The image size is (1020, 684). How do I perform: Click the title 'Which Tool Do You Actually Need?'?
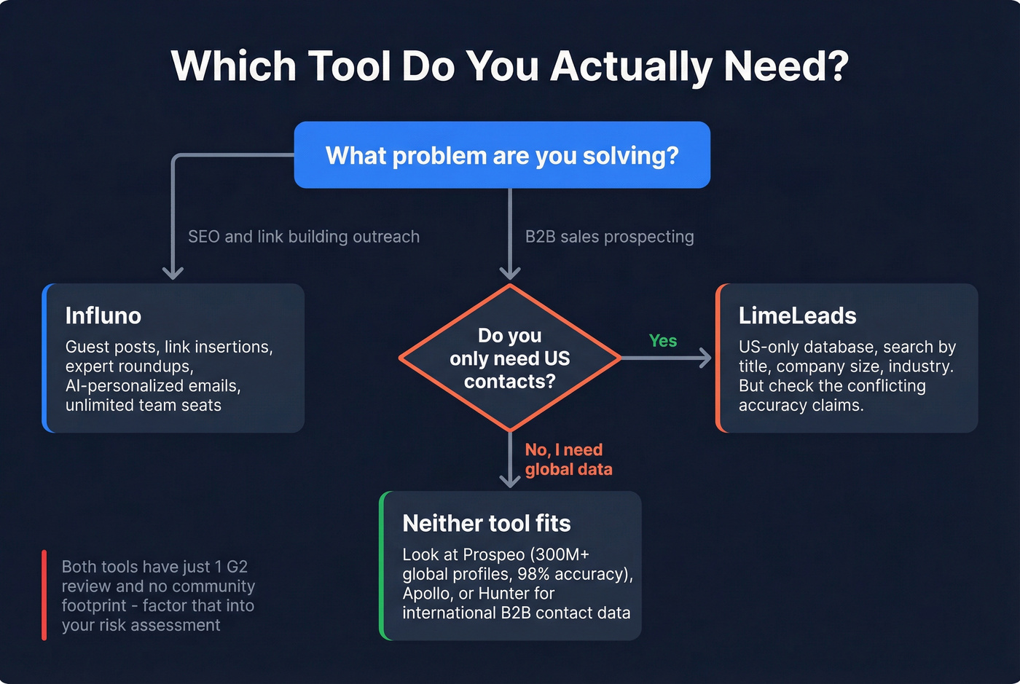[x=509, y=66]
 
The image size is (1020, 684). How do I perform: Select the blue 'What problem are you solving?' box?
[x=502, y=155]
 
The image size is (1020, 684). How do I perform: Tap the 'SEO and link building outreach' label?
[x=303, y=237]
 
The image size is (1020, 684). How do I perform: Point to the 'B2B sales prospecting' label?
[x=609, y=237]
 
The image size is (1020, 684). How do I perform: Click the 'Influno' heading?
[x=103, y=315]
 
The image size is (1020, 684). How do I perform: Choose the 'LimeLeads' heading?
[x=797, y=315]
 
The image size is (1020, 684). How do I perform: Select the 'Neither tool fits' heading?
[x=486, y=523]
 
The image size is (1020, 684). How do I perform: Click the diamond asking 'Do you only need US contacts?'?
[x=509, y=358]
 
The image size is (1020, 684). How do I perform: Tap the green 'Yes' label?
[x=662, y=341]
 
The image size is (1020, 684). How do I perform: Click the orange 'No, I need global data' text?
[x=568, y=460]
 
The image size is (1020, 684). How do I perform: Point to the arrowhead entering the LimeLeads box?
[x=706, y=358]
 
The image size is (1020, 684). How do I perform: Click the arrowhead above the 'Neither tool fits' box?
[x=509, y=481]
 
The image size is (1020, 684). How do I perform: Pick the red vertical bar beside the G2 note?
[x=44, y=595]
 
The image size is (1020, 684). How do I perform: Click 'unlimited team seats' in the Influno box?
[x=143, y=406]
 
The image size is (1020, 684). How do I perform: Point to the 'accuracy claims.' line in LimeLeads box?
[x=801, y=406]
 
